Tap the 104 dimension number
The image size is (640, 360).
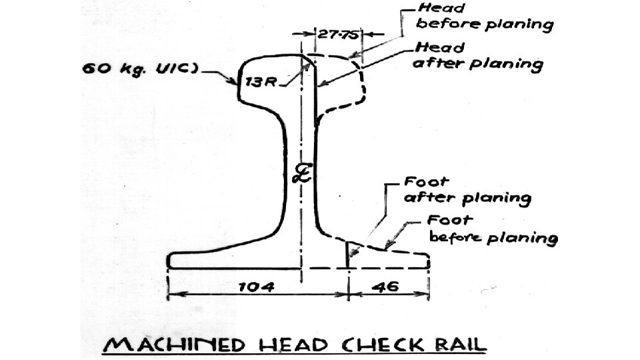[x=257, y=287]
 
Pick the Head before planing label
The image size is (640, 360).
[x=484, y=18]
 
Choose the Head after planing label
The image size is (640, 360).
[x=478, y=56]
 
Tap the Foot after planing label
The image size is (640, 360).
[x=467, y=190]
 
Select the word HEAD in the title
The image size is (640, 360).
[x=297, y=345]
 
